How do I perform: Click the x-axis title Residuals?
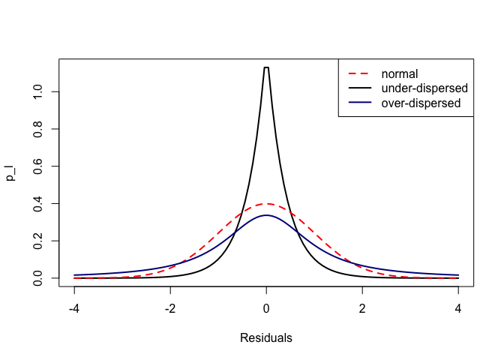pos(266,337)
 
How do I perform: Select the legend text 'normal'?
pos(399,73)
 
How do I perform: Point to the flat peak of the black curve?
pos(266,67)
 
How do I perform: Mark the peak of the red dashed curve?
pos(266,203)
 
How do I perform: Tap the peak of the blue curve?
pos(266,215)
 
